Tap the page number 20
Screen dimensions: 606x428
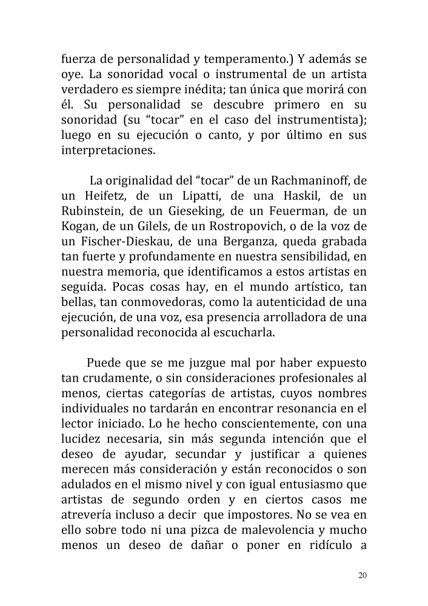click(363, 575)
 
